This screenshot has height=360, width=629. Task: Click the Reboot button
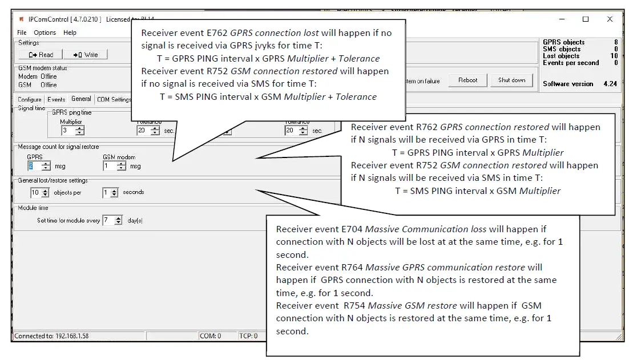pyautogui.click(x=467, y=80)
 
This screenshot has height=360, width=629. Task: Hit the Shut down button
pyautogui.click(x=511, y=80)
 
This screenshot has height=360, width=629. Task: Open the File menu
pyautogui.click(x=22, y=33)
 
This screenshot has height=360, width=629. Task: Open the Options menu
pyautogui.click(x=45, y=33)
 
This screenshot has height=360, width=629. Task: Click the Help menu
pyautogui.click(x=70, y=33)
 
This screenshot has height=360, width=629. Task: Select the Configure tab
pyautogui.click(x=30, y=99)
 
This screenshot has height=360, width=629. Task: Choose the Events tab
pyautogui.click(x=56, y=99)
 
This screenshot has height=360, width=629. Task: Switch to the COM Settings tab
pyautogui.click(x=114, y=99)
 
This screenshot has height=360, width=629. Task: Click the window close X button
pyautogui.click(x=610, y=19)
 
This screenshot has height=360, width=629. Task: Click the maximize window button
pyautogui.click(x=585, y=19)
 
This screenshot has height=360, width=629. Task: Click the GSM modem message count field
pyautogui.click(x=110, y=166)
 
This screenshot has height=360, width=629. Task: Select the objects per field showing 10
pyautogui.click(x=36, y=193)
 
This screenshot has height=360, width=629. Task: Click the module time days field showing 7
pyautogui.click(x=108, y=220)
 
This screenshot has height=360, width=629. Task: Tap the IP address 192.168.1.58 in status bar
pyautogui.click(x=72, y=336)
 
